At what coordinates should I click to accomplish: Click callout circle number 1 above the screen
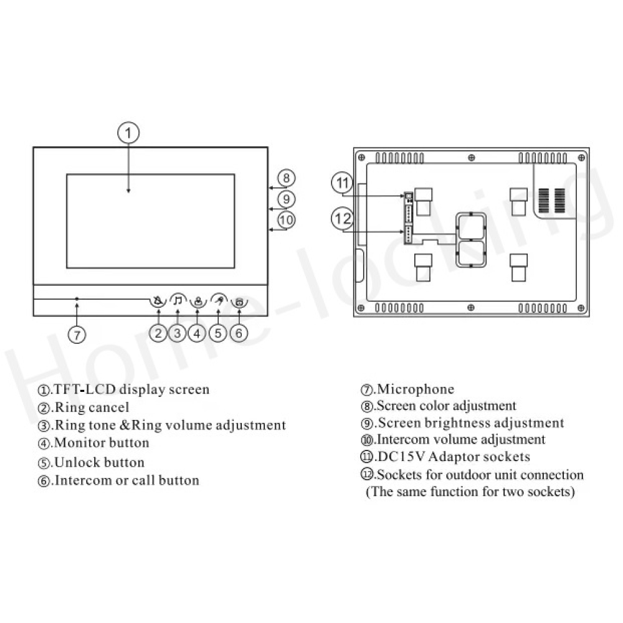[128, 133]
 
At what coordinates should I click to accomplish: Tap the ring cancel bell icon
[158, 301]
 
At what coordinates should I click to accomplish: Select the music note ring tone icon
[178, 300]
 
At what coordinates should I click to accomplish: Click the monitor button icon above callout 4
[198, 302]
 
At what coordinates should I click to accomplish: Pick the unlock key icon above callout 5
[219, 300]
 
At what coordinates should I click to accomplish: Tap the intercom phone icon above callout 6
[239, 302]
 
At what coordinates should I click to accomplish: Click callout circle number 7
[77, 335]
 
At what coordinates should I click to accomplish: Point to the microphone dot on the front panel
[77, 298]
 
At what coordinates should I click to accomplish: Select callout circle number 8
[286, 178]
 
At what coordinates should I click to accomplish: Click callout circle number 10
[286, 220]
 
